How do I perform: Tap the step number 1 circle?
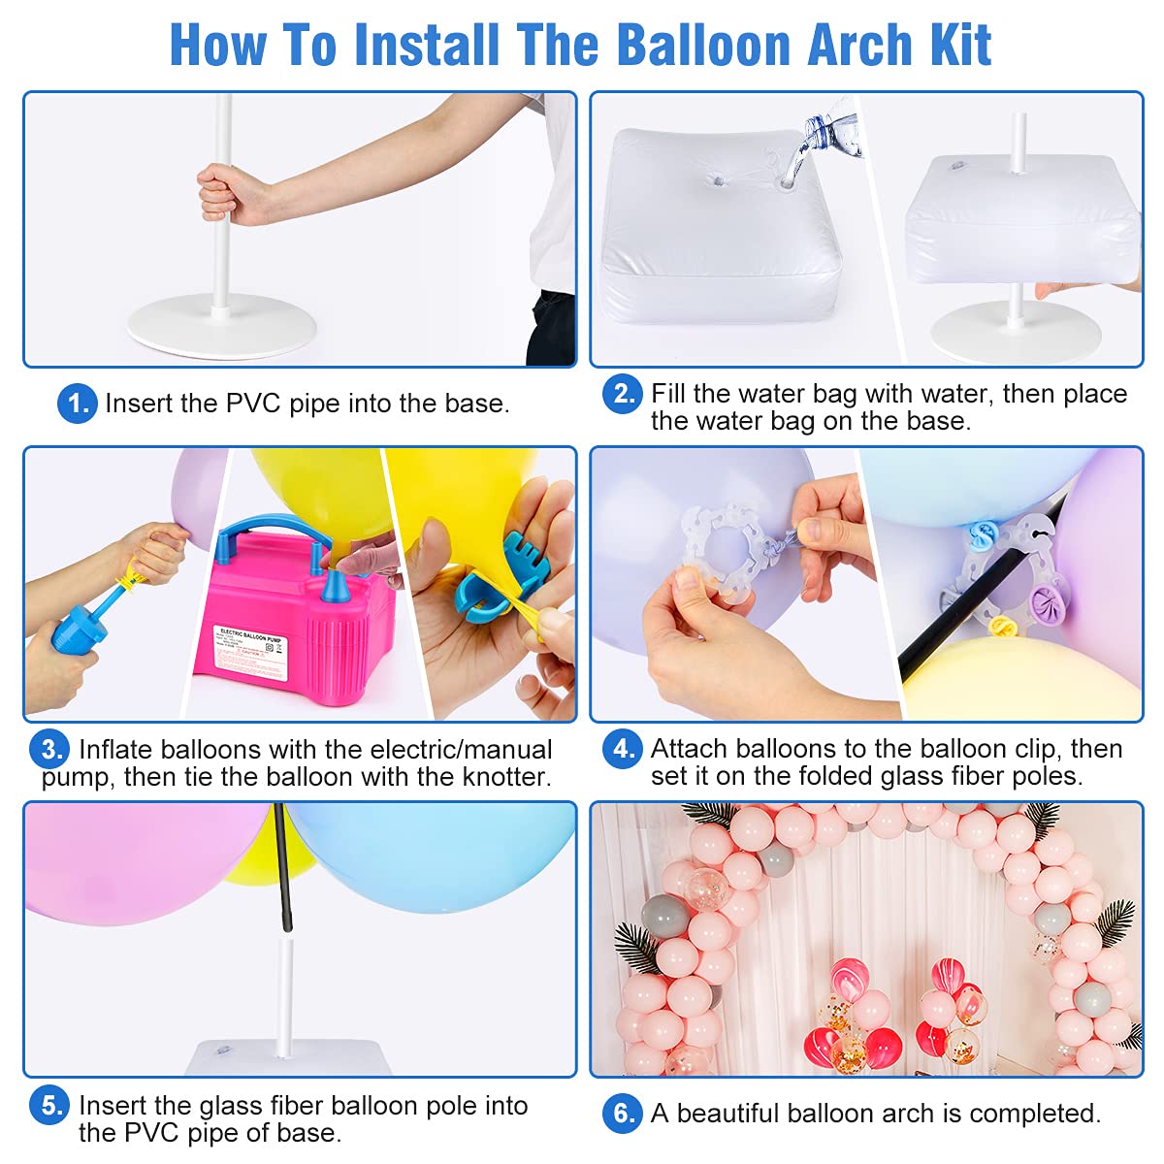click(x=77, y=404)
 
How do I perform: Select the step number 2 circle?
click(x=622, y=393)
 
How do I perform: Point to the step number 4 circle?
click(x=622, y=749)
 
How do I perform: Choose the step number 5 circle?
click(x=48, y=1105)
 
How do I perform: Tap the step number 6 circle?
click(x=622, y=1113)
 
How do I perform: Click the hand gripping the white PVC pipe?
click(x=225, y=193)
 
